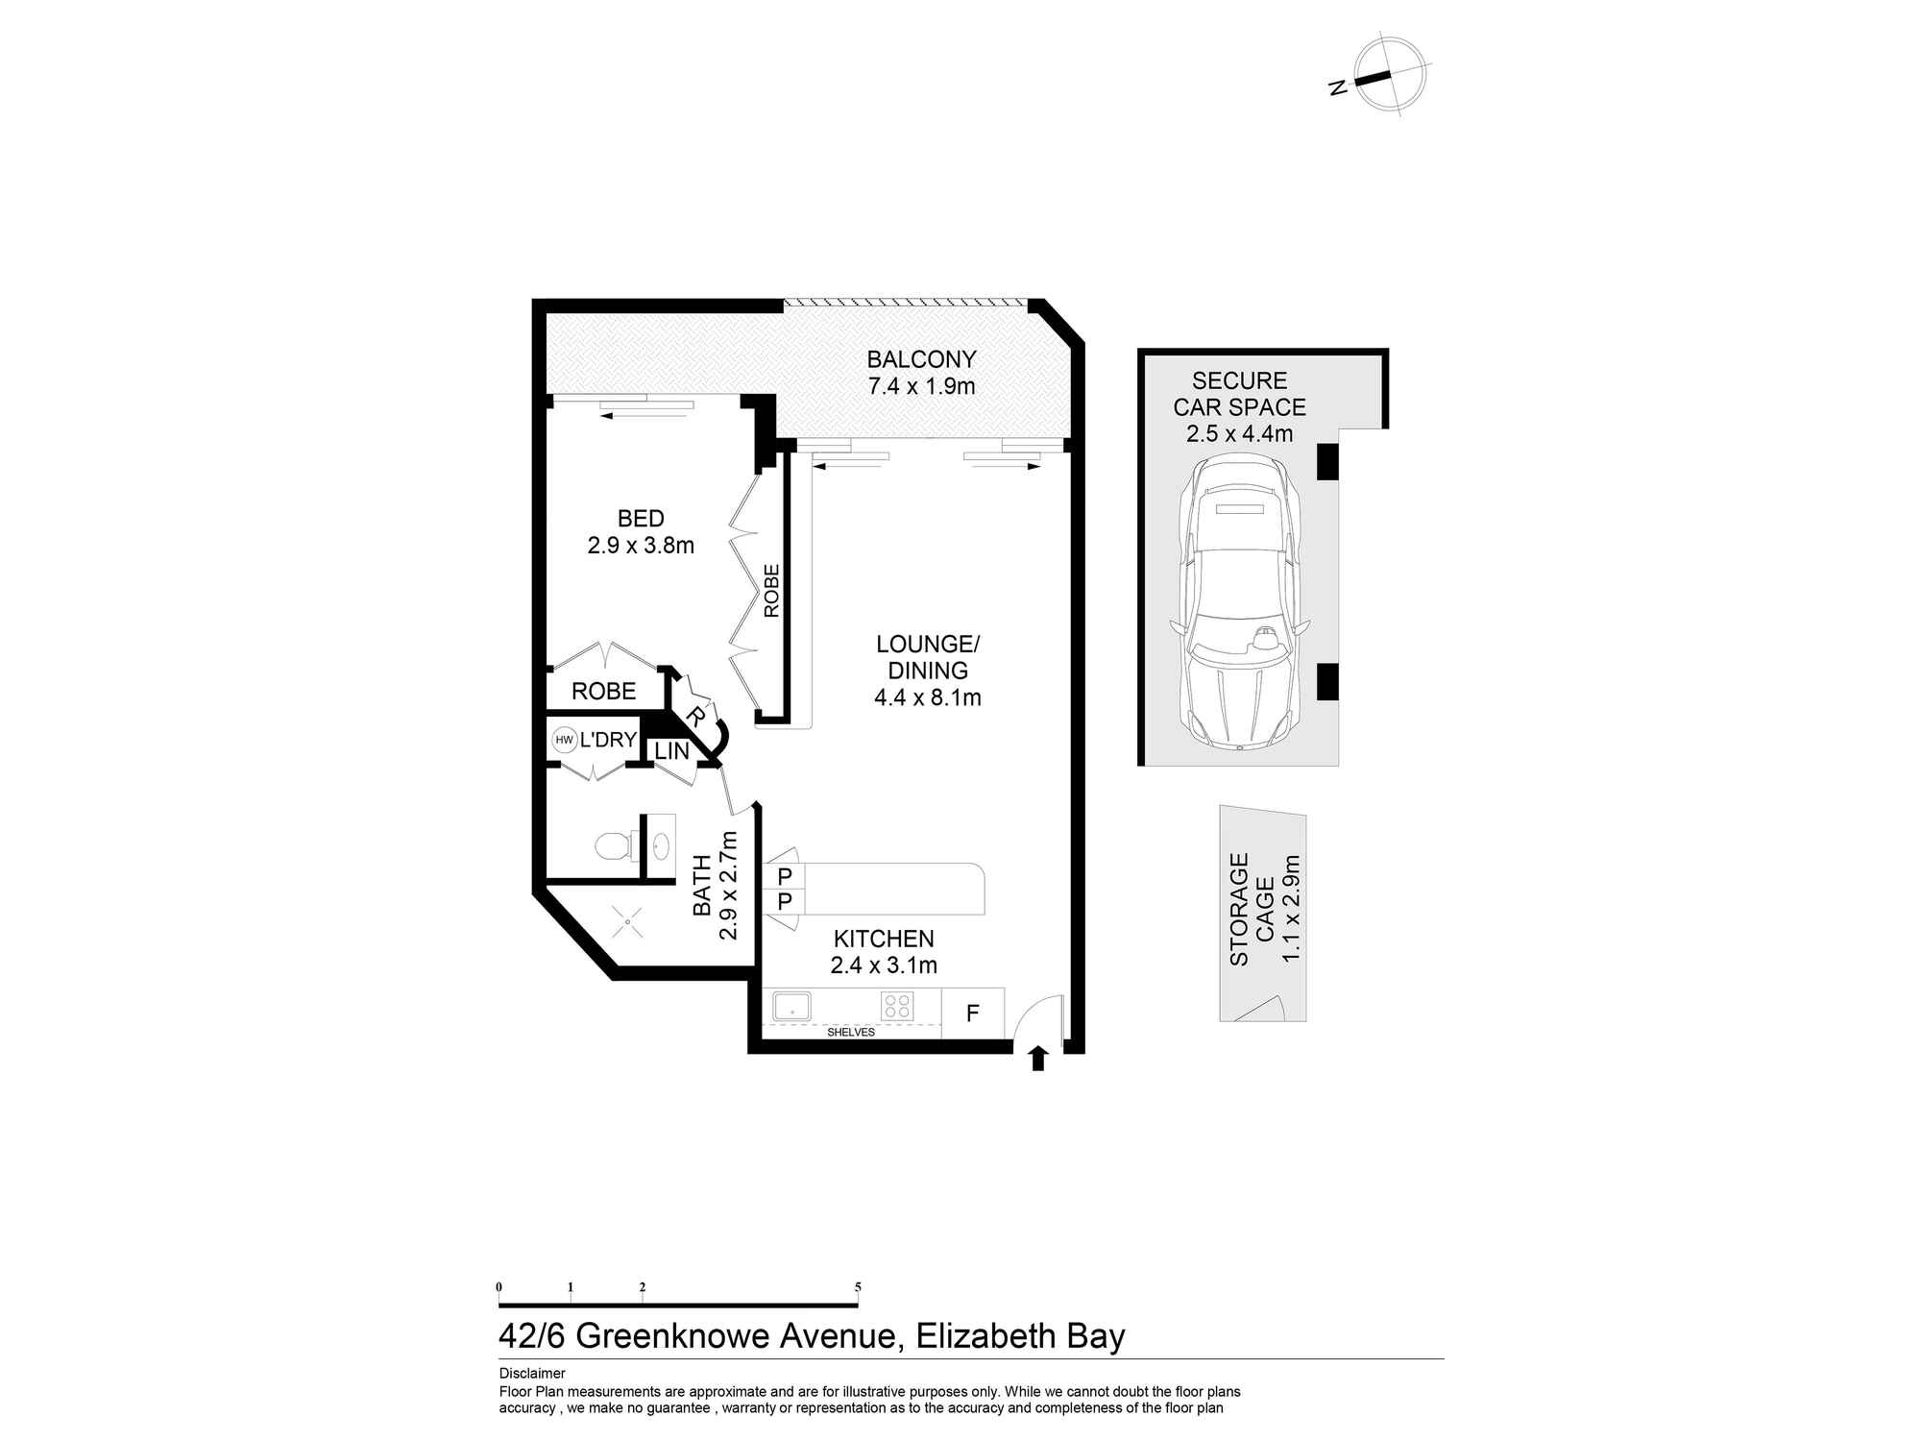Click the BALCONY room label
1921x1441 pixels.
tap(921, 359)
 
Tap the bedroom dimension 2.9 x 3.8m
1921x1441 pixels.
tap(641, 546)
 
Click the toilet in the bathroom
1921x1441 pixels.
tap(611, 846)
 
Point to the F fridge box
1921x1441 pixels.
tap(972, 1013)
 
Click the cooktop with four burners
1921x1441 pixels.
tap(897, 1006)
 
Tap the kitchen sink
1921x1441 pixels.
tap(792, 1007)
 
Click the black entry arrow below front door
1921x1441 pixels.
tap(1037, 1059)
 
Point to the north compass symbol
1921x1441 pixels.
tap(1388, 76)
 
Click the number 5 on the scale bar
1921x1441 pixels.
tap(858, 1287)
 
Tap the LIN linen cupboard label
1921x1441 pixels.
tap(672, 751)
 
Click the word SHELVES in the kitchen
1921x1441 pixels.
tap(850, 1033)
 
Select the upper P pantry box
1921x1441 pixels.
tap(785, 875)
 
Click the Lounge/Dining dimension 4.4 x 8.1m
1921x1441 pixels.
tap(927, 698)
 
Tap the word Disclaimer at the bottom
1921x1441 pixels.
tap(532, 1374)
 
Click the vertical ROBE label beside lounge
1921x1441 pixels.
tap(771, 590)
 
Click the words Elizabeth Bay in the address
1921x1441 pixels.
tap(1020, 1336)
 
